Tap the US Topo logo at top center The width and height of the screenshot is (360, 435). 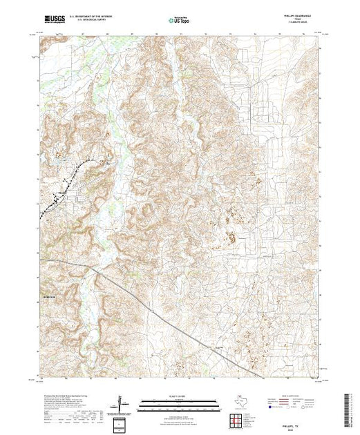(180, 21)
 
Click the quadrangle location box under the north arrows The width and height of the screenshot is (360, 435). (122, 422)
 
